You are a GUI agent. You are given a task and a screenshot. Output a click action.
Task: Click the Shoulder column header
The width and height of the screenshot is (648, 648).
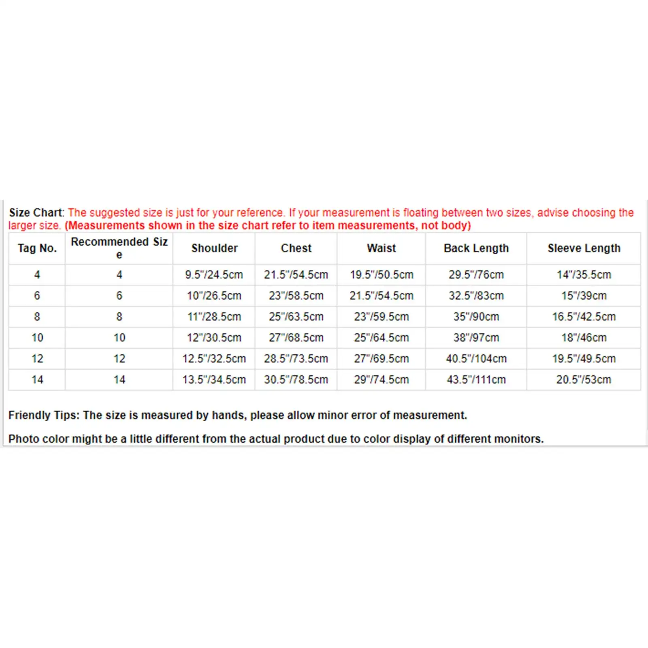click(214, 248)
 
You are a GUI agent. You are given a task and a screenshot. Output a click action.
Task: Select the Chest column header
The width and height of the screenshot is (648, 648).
click(296, 248)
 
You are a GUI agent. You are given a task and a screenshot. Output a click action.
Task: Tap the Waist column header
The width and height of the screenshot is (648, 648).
click(381, 248)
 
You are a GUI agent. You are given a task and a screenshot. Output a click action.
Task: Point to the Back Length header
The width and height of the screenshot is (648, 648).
click(476, 248)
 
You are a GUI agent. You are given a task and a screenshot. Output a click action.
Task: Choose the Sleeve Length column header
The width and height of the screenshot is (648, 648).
click(584, 248)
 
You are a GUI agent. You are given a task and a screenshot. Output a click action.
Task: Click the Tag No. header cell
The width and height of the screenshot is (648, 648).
click(37, 248)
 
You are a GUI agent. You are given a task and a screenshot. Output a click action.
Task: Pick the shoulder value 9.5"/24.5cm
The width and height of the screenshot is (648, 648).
click(214, 275)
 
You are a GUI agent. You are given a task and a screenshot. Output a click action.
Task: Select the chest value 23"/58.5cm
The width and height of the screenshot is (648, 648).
click(296, 296)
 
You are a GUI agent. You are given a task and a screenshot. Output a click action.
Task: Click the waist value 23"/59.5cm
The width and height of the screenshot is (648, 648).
click(381, 317)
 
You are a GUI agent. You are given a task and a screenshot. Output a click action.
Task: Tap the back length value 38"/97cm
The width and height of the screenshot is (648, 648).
click(476, 338)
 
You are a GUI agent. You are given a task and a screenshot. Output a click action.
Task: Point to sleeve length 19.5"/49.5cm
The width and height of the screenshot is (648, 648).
click(584, 359)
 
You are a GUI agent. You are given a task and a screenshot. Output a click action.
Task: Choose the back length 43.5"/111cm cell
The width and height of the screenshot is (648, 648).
click(476, 380)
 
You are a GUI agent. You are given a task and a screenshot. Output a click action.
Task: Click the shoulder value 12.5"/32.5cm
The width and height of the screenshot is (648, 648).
click(214, 359)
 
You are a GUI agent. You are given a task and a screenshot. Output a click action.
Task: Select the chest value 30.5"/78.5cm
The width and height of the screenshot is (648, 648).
click(296, 380)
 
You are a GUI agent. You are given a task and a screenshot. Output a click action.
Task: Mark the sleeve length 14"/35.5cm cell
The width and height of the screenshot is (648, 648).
click(584, 275)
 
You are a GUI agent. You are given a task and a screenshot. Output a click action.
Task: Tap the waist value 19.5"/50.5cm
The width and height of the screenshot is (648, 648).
click(381, 275)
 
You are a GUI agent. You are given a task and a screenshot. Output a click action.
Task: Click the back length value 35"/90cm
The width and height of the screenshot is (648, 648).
click(476, 317)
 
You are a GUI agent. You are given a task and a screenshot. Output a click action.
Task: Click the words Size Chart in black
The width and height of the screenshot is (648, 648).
click(36, 213)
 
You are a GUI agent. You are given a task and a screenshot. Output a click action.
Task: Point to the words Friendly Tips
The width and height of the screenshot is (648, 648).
click(44, 415)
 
